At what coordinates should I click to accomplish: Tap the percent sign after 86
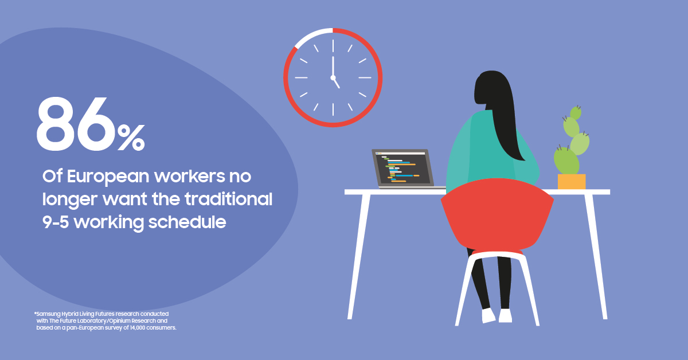(131, 138)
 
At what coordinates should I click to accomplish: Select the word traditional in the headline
(229, 199)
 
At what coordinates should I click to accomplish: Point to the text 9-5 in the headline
(55, 222)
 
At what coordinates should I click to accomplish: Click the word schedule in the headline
(187, 222)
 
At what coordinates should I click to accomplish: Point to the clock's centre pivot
(333, 77)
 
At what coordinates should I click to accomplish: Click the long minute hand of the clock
(333, 66)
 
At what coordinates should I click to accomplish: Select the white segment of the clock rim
(311, 35)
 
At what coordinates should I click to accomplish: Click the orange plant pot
(572, 182)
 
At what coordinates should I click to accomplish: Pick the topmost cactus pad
(576, 113)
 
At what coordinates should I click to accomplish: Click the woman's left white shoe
(488, 315)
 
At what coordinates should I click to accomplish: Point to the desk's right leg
(596, 257)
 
